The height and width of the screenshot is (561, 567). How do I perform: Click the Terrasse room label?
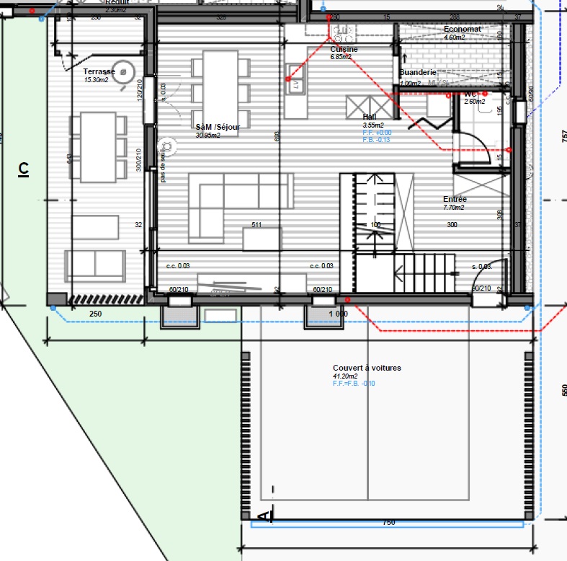(99, 71)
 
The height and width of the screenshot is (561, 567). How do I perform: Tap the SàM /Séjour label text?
(218, 127)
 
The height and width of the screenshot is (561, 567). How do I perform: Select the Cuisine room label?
(344, 49)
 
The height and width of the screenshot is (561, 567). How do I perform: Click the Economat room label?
(463, 29)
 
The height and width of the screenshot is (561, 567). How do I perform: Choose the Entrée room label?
(455, 199)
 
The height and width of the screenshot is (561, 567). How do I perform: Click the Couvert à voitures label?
(367, 368)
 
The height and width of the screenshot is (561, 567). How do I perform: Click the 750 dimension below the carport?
(388, 522)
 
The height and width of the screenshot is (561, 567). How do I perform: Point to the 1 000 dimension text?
(338, 314)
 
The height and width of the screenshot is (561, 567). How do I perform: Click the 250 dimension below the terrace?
(95, 314)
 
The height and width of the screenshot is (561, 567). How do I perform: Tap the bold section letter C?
(24, 169)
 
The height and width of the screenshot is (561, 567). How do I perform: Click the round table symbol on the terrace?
(125, 71)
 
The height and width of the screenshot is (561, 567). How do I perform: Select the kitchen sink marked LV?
(295, 85)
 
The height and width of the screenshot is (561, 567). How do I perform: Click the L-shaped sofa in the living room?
(231, 198)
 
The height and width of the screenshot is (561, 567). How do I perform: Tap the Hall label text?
(370, 116)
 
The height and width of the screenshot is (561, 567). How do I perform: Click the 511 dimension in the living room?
(256, 225)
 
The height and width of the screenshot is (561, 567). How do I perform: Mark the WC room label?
(470, 94)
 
